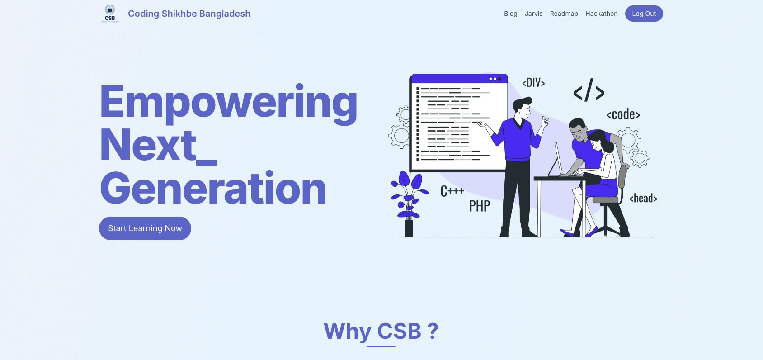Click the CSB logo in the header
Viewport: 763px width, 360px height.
point(110,14)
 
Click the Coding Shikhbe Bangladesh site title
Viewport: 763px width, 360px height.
point(189,14)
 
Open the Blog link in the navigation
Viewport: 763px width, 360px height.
point(511,14)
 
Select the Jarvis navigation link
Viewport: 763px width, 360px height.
point(533,14)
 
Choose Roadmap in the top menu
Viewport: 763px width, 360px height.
point(564,14)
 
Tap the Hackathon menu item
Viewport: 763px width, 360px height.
point(601,14)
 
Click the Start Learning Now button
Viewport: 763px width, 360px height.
point(145,228)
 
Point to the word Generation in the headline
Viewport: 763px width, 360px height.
point(213,188)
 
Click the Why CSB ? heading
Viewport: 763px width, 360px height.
point(381,331)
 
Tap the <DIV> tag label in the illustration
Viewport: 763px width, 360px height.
point(533,82)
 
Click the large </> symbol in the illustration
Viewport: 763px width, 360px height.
point(589,90)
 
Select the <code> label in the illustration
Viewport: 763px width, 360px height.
point(623,114)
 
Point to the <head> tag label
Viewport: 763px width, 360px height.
point(643,198)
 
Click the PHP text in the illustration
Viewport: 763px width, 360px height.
point(480,206)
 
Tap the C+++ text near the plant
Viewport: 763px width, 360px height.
point(452,191)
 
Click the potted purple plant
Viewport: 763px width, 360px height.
point(409,204)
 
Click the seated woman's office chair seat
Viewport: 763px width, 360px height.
point(606,200)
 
